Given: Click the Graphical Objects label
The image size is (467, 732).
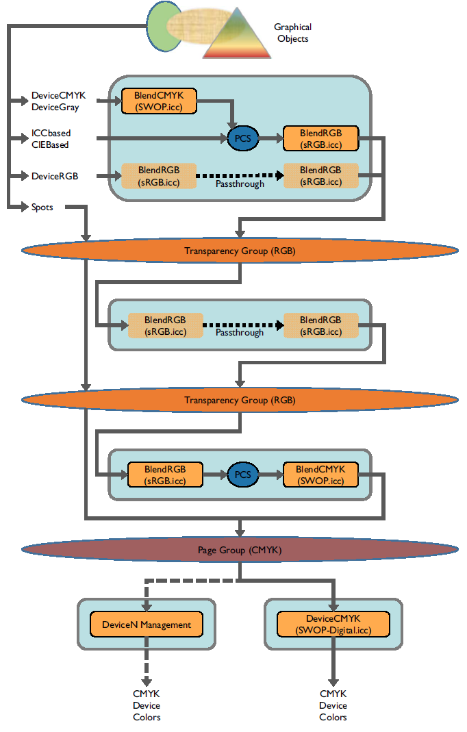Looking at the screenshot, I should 292,33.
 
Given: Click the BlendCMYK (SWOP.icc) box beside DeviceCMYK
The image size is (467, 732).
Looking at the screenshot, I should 159,101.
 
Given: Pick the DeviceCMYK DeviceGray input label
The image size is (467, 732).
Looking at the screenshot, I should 59,101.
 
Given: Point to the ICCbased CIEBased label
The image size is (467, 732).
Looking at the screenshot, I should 51,139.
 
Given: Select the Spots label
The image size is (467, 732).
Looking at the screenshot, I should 42,206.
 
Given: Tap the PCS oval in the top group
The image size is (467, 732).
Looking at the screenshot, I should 243,139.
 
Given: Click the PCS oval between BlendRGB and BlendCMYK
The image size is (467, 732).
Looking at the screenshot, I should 243,475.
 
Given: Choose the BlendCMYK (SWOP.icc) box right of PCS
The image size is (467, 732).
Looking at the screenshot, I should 320,475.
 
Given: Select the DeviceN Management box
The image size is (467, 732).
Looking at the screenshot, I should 147,624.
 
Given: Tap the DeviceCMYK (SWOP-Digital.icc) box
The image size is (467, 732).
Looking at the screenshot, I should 333,624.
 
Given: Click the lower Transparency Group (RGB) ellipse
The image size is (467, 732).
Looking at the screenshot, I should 240,401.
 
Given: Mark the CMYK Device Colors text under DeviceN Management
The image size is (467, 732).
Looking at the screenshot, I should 147,705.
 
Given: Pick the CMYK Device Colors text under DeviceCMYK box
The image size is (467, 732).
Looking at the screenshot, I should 333,705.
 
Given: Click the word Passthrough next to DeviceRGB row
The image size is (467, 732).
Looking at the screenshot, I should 240,184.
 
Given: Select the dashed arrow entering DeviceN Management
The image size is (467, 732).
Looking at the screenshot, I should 147,596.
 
